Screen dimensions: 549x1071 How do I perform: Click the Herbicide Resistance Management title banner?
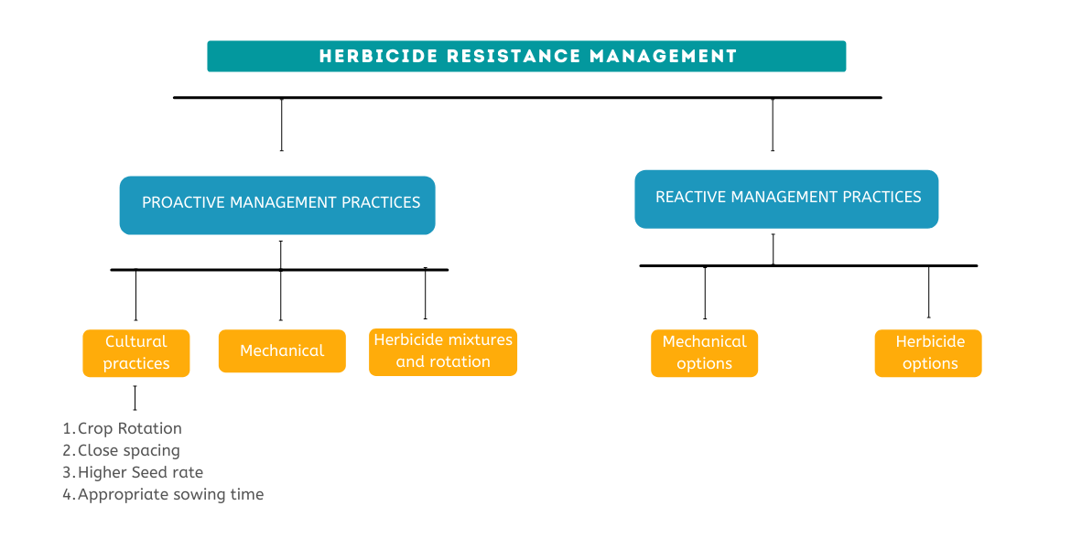[x=526, y=56]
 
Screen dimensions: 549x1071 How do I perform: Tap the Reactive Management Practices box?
[x=786, y=199]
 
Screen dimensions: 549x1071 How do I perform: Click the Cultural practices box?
[x=135, y=353]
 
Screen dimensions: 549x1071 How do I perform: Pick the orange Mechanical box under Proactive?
[x=282, y=351]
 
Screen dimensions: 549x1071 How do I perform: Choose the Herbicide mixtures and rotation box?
[x=443, y=351]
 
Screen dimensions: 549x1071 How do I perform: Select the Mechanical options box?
[x=704, y=353]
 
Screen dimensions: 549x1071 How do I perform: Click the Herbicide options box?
[x=929, y=353]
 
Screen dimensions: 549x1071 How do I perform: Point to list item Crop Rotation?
[x=129, y=428]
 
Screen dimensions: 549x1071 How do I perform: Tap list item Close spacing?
[x=128, y=450]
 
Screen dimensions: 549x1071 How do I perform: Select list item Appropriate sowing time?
[x=170, y=495]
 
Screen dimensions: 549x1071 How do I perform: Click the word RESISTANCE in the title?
[x=514, y=57]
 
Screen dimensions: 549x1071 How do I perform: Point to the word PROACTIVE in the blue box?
[x=183, y=202]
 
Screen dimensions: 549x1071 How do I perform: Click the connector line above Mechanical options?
[x=705, y=293]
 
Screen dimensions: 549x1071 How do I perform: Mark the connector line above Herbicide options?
[x=929, y=292]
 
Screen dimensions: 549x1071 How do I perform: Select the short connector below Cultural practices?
[x=135, y=397]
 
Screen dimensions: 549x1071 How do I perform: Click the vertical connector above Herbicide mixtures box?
[x=426, y=294]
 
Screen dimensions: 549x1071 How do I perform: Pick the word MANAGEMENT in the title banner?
[x=663, y=57]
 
